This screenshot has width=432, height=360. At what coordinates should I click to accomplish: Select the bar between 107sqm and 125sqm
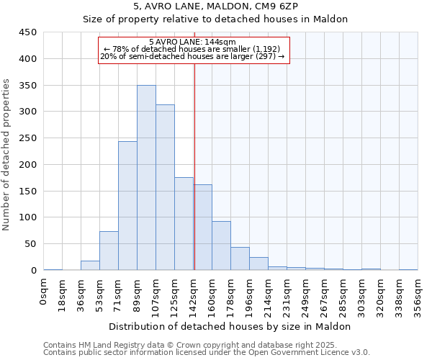[x=165, y=187]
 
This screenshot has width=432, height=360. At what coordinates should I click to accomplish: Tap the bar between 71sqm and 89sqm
[x=127, y=206]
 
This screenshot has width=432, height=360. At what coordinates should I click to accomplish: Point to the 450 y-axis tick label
[x=27, y=32]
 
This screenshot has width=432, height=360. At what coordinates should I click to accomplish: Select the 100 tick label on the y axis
[x=27, y=217]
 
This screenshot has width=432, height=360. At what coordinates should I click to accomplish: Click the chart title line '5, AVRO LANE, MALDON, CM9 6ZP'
[x=215, y=6]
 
